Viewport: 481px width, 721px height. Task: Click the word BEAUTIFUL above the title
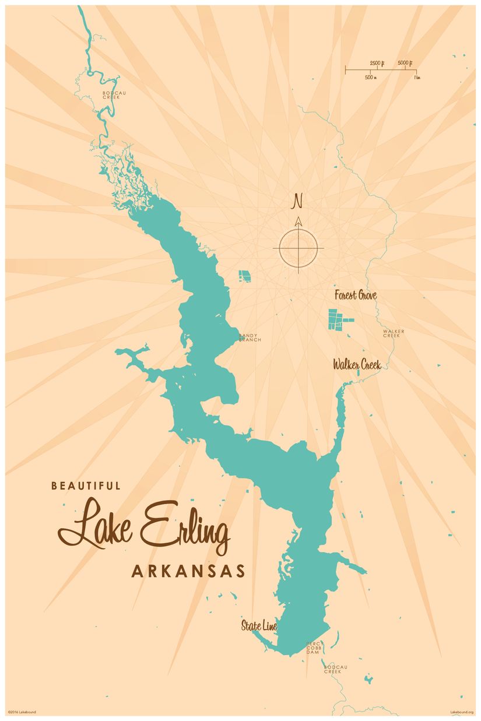tap(86, 485)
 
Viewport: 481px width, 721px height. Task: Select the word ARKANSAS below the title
tap(188, 571)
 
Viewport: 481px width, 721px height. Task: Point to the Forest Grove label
tap(355, 296)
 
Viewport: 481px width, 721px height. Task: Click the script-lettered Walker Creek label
tap(357, 365)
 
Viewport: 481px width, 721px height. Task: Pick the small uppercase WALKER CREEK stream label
tap(394, 333)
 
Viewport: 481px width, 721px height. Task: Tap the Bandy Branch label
tap(250, 337)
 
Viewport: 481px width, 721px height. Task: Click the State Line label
tap(259, 627)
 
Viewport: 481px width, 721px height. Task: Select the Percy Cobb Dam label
tap(314, 648)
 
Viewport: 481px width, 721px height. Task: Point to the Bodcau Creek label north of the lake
tap(111, 95)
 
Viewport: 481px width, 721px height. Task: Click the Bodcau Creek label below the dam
tap(332, 669)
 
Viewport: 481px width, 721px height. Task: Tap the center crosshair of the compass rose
tap(298, 248)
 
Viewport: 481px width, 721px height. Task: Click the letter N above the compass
tap(297, 202)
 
